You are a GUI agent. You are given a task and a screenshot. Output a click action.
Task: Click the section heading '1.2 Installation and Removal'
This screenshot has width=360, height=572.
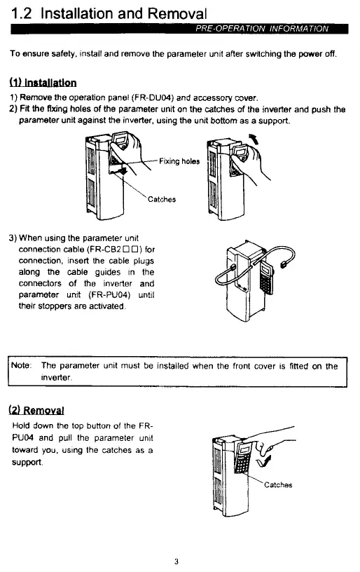tap(109, 13)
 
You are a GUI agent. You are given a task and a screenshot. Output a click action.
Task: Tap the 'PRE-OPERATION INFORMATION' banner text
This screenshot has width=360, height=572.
tap(262, 29)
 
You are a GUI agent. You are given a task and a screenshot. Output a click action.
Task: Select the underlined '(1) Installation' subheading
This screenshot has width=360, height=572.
tap(43, 83)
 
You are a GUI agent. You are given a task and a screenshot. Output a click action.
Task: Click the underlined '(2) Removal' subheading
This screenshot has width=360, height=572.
tap(36, 410)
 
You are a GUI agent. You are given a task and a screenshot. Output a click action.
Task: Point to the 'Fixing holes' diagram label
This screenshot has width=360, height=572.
tap(179, 161)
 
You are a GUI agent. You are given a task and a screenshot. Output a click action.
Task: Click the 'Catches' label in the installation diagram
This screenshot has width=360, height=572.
tap(162, 199)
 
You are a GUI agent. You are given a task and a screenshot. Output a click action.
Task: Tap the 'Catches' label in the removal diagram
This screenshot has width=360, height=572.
tap(278, 485)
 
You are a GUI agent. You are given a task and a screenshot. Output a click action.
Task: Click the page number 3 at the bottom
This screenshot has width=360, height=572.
tap(176, 561)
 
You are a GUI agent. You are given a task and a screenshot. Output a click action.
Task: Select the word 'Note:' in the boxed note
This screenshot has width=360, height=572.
tap(22, 365)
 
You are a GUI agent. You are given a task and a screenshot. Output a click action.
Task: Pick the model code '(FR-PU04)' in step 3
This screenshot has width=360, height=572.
tap(109, 294)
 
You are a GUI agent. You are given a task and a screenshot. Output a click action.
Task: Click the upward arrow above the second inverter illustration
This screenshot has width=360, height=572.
tap(254, 139)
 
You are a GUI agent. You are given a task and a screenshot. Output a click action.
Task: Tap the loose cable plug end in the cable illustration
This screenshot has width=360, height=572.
tap(282, 264)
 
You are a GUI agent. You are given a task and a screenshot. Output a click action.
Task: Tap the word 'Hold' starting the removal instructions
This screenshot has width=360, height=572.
tap(21, 425)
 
